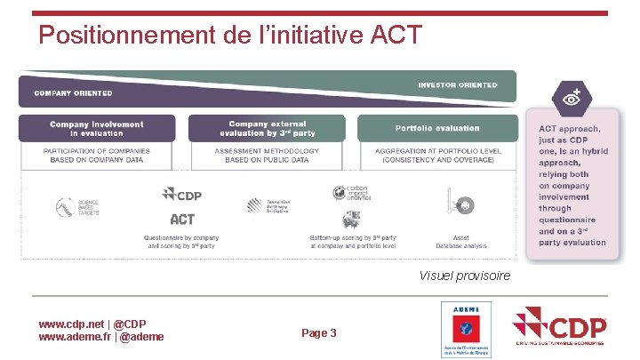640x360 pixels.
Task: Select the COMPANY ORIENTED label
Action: pos(73,92)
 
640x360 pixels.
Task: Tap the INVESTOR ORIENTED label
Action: pos(458,85)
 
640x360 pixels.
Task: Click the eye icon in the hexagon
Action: pos(570,99)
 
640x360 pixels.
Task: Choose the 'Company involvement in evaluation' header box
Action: pos(97,129)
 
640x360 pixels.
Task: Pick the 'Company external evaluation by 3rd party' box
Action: pos(268,129)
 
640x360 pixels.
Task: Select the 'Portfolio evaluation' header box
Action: pos(437,129)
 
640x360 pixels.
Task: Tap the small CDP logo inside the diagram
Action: pos(182,195)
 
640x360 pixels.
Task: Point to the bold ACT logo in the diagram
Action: pos(182,219)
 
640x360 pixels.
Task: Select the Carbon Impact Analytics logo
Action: pos(349,193)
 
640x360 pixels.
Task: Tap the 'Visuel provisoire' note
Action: pos(465,276)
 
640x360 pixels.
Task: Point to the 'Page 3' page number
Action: pos(319,333)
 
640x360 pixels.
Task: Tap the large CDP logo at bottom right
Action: pos(560,327)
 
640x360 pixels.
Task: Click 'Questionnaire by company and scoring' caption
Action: pos(181,240)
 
